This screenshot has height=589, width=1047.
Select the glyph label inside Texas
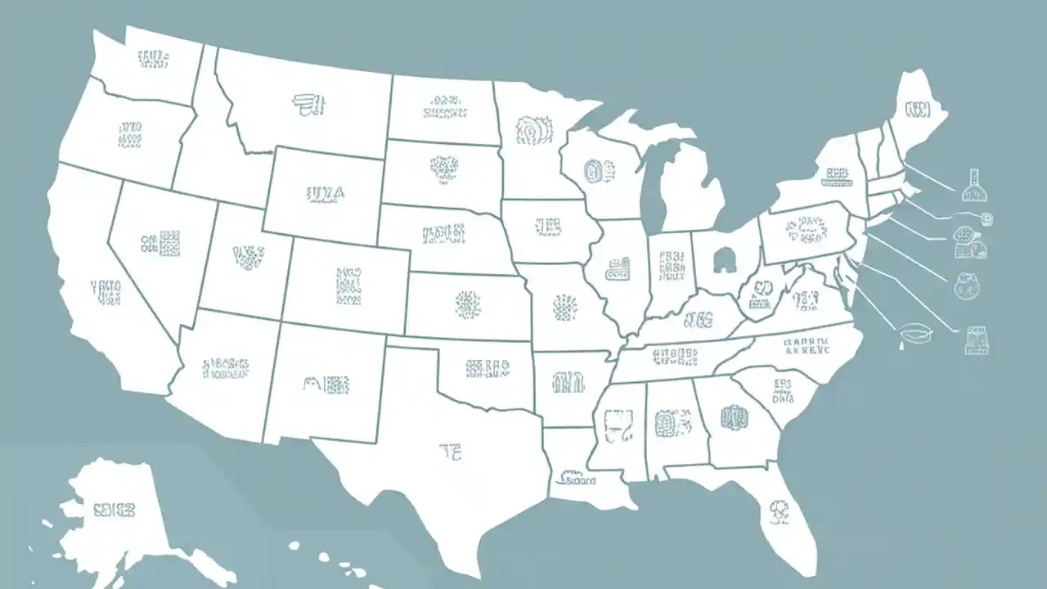coord(451,449)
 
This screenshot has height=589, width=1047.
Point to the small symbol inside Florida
coord(776,512)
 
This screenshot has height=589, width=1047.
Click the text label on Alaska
coord(114,510)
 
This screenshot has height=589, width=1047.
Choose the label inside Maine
coord(918,110)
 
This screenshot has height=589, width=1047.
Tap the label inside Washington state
coord(153,59)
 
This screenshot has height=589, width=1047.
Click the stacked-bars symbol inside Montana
coord(308,103)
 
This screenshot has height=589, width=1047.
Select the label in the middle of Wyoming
coord(326,193)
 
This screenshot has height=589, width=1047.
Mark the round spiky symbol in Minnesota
coord(534,129)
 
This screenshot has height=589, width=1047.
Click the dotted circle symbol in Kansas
coord(468,304)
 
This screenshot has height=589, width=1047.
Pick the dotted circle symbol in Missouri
coord(564,308)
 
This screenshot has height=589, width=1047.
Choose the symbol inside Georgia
coord(734,419)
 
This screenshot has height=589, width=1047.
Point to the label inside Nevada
coord(160,242)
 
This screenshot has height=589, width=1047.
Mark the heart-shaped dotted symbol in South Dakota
coord(443,169)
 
